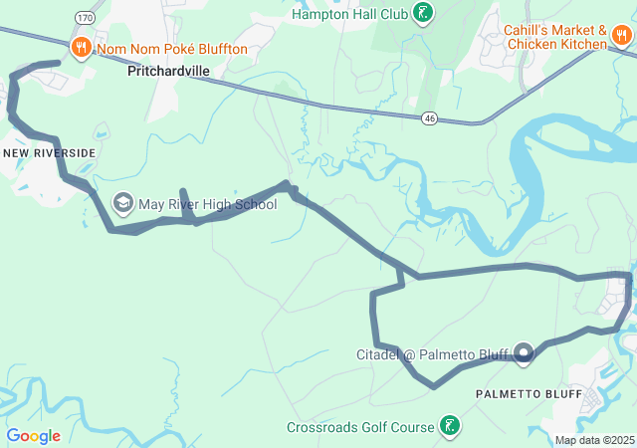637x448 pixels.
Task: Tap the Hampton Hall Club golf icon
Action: (424, 14)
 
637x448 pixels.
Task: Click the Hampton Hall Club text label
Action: (350, 14)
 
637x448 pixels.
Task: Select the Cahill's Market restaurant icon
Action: (623, 36)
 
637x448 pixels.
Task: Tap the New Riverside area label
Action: (50, 152)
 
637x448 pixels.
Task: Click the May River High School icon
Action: (123, 204)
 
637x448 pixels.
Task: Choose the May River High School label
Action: (207, 204)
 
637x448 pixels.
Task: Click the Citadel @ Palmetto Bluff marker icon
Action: (525, 350)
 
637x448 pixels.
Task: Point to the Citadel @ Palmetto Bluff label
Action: (432, 354)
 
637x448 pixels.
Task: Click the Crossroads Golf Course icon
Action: (450, 426)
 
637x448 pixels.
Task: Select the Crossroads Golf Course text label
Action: (360, 427)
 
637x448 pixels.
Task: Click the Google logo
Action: (34, 436)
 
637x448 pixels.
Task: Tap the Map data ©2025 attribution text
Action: (594, 440)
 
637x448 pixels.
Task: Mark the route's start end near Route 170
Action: (58, 64)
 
